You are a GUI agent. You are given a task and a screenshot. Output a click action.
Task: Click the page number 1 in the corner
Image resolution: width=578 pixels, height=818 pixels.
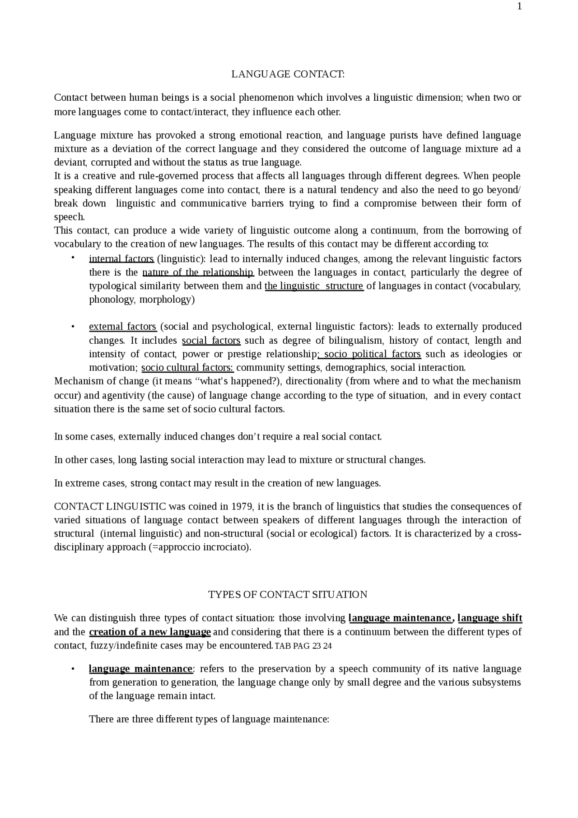coord(519,6)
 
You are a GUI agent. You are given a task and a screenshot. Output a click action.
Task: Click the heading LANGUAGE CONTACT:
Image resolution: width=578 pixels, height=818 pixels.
coord(288,74)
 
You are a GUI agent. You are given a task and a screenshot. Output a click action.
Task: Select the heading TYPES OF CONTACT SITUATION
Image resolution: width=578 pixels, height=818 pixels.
coord(288,594)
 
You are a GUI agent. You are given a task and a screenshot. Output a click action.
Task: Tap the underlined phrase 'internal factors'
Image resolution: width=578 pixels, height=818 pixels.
coord(121,259)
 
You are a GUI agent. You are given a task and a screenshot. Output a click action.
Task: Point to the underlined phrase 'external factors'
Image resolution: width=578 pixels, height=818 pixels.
coord(122,327)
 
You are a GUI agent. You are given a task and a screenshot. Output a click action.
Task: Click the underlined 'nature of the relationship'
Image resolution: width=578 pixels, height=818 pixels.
coord(198,272)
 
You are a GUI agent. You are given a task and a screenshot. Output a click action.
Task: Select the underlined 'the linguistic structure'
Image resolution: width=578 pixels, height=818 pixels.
coord(314,286)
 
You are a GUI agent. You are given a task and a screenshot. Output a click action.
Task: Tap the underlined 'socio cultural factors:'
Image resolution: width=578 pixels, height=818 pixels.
coord(187,367)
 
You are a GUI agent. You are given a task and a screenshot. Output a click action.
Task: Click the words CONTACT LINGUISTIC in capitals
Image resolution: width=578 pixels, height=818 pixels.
coord(110,506)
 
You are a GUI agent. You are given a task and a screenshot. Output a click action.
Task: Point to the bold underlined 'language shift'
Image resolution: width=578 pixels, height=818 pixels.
coord(490,618)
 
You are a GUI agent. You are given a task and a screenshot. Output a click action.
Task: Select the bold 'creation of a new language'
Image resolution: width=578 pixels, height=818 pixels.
coord(150,631)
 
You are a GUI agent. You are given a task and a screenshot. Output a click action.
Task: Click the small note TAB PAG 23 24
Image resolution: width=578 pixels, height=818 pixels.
coord(303,646)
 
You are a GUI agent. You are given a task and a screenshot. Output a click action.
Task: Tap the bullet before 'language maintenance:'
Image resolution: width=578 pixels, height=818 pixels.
coord(72,668)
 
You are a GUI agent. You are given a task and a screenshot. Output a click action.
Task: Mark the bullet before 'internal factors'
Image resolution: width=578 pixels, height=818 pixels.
coord(72,258)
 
